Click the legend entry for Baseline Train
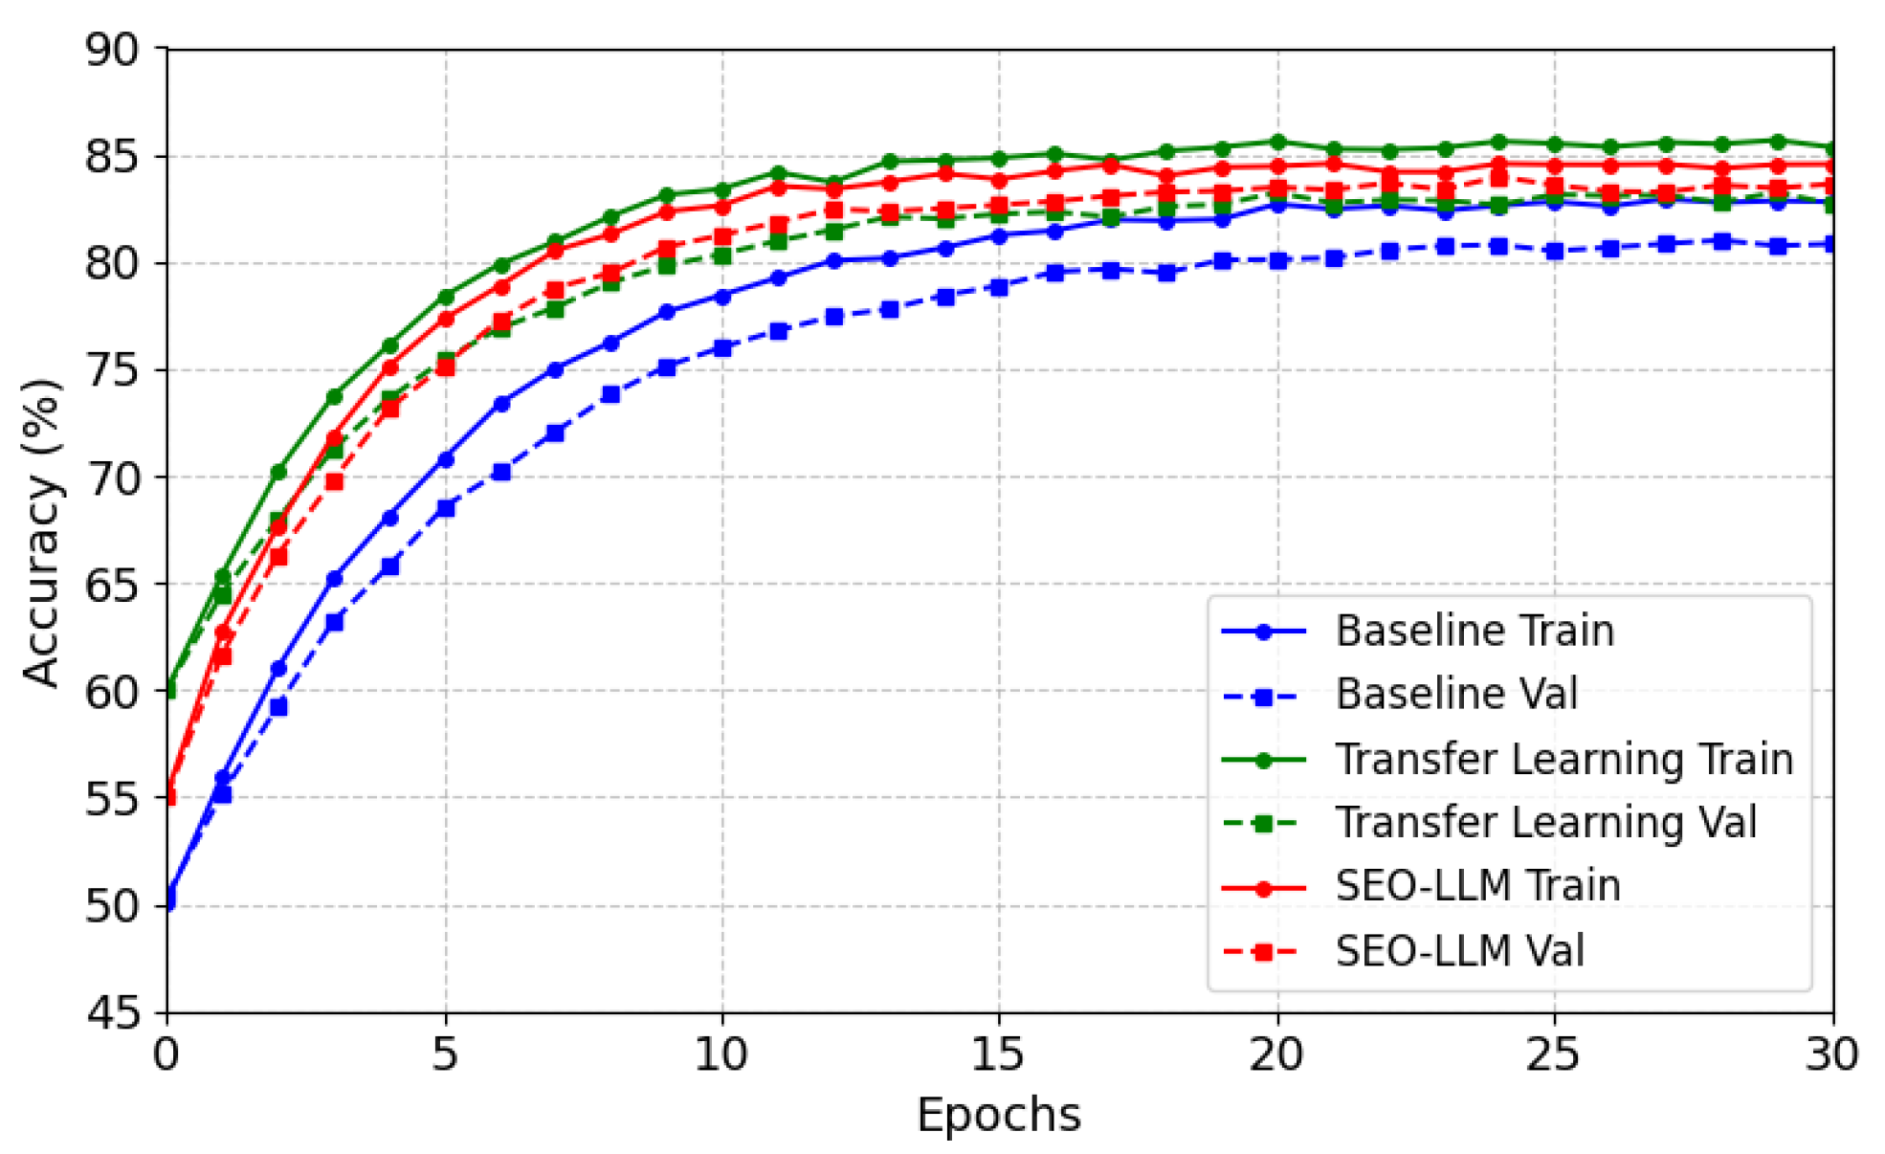click(1474, 631)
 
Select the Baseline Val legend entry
click(1455, 694)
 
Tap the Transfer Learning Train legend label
click(1563, 759)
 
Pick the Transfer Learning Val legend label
click(1545, 822)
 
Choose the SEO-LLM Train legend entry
click(1477, 886)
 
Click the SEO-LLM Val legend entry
click(1459, 950)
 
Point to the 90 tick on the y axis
click(112, 50)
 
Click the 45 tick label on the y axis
click(112, 1012)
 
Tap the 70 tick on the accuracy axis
click(112, 477)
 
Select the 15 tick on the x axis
click(999, 1054)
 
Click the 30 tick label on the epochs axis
click(1831, 1054)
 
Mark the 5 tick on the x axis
click(445, 1054)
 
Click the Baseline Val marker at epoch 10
click(722, 348)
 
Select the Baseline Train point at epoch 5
click(445, 459)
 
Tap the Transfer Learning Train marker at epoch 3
click(334, 396)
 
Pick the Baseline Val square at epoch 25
click(1554, 251)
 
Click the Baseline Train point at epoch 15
click(999, 235)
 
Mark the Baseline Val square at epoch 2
click(278, 707)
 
